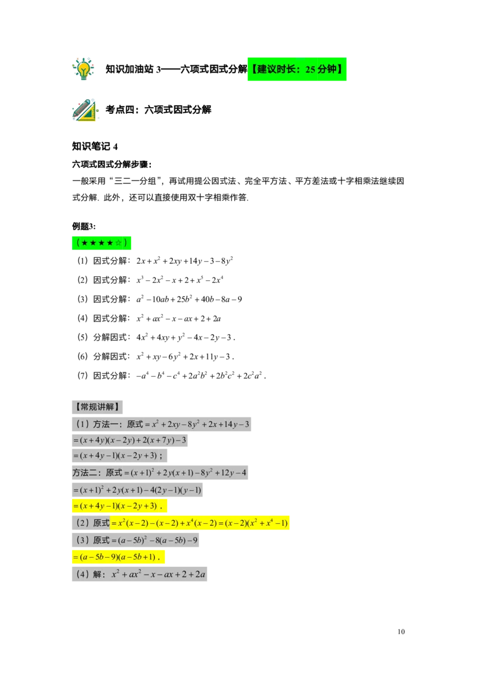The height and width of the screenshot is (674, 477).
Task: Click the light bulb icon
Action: point(83,68)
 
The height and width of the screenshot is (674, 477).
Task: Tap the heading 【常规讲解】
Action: point(98,407)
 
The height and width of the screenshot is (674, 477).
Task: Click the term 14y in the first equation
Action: point(228,425)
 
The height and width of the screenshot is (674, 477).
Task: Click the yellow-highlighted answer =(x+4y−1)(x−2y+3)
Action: point(119,506)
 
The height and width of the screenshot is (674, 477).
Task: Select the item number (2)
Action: point(82,523)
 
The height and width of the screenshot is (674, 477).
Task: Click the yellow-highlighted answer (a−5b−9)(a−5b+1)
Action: point(118,557)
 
